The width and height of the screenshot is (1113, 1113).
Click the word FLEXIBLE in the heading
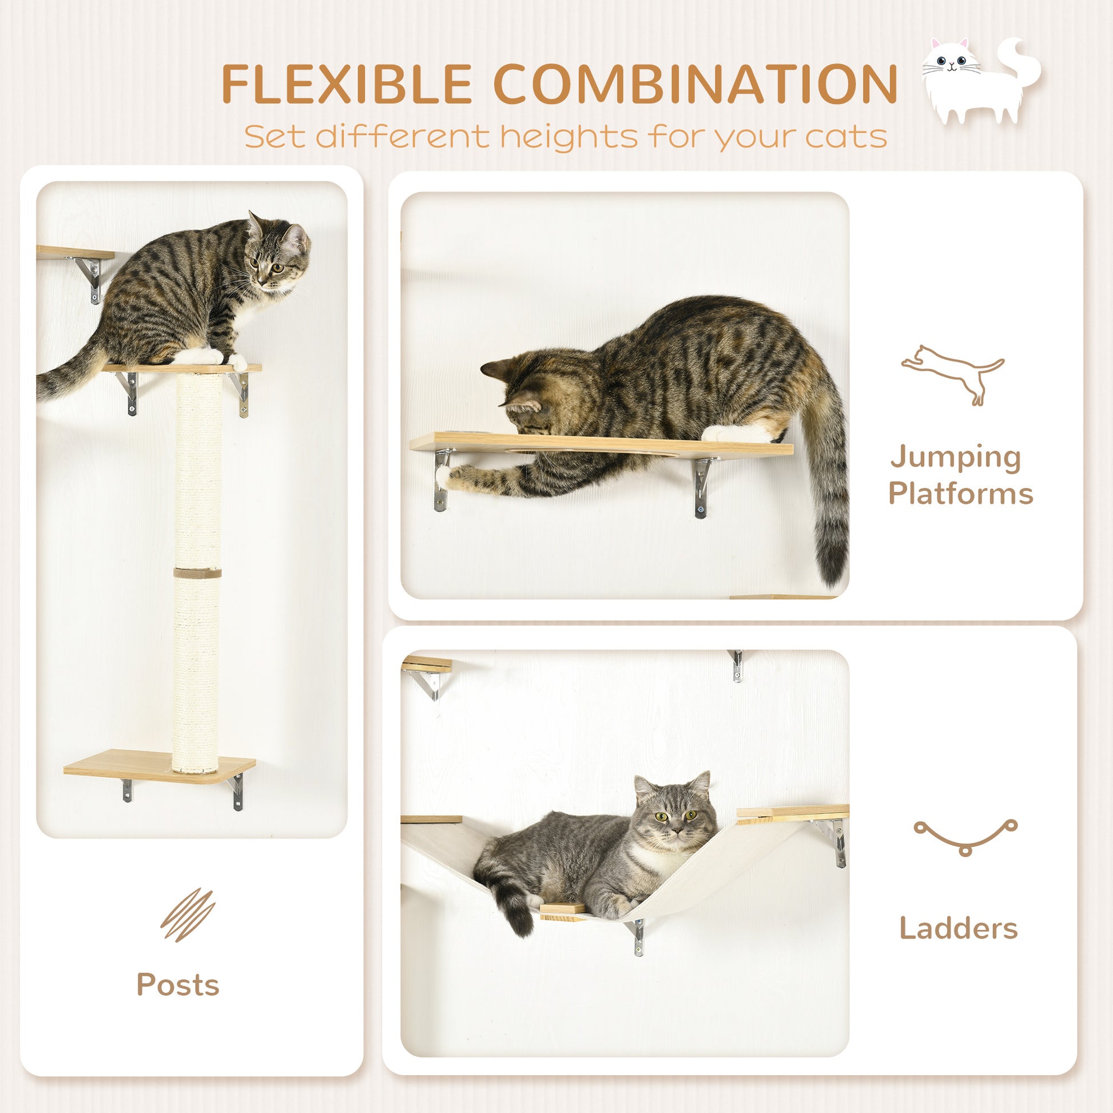347,85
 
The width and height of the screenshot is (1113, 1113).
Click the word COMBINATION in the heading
695,85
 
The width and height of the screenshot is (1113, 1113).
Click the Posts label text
178,984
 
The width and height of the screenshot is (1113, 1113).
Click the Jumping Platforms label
960,475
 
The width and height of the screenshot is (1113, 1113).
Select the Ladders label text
959,928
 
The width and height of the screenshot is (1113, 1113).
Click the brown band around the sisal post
197,573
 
